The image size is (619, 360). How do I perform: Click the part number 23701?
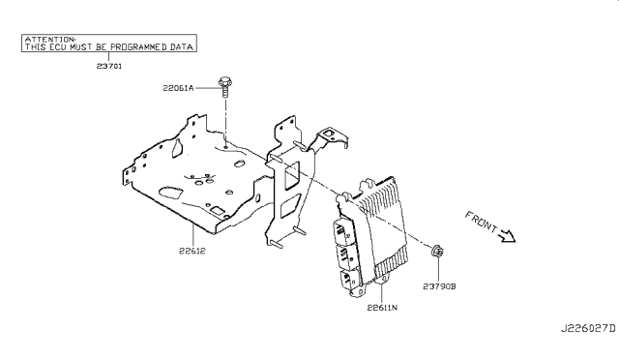pos(109,66)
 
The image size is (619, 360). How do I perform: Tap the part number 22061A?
pos(178,88)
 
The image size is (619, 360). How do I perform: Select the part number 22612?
pos(192,251)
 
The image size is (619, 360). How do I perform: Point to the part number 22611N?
pos(382,307)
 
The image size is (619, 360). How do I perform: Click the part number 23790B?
pos(439,286)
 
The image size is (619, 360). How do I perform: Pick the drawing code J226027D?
pos(588,328)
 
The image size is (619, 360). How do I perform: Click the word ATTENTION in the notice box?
pos(49,39)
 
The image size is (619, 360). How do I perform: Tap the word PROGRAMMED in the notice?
pos(138,47)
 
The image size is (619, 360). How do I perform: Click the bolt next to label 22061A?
pos(225,87)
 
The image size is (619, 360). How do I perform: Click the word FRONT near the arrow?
pos(481,222)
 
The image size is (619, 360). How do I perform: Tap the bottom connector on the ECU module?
pos(350,280)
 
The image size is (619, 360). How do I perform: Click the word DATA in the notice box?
pos(182,47)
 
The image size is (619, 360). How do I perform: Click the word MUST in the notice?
pos(81,47)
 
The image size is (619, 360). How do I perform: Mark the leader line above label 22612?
pos(193,235)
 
